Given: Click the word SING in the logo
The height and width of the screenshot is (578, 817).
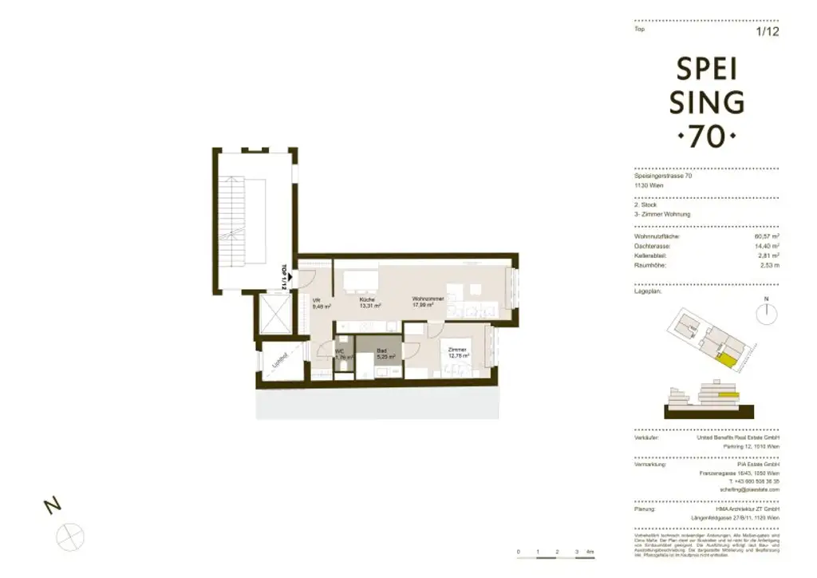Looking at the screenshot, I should (707, 102).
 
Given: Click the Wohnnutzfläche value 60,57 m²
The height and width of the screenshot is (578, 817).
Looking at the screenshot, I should (767, 236).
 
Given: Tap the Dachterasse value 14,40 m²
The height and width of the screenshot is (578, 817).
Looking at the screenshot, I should (767, 246).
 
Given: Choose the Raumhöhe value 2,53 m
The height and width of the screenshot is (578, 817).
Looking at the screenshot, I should (768, 265).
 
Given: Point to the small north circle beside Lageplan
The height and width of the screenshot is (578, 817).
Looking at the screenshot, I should (766, 314).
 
